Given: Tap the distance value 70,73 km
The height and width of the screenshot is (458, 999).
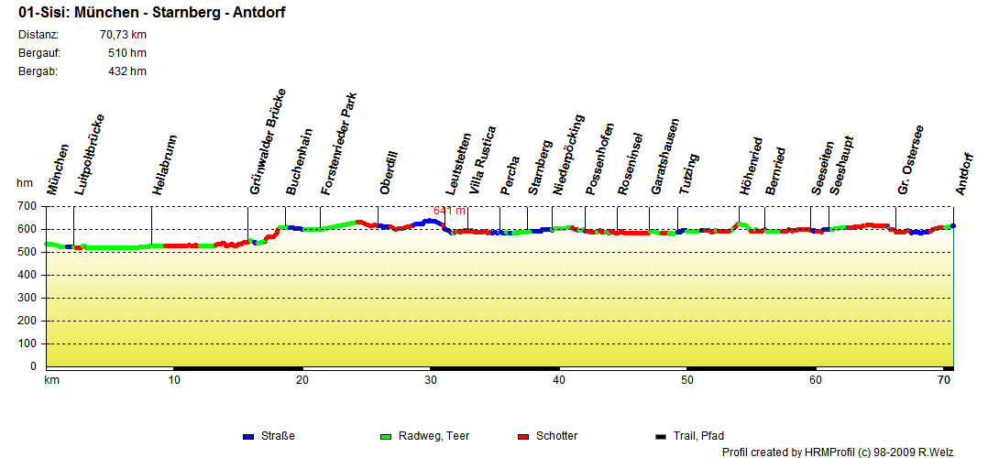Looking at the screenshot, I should [123, 35].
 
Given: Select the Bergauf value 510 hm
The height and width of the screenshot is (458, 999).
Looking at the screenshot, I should [126, 53].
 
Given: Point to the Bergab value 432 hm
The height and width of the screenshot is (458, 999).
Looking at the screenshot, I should [126, 71].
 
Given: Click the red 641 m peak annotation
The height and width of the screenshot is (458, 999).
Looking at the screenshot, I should [450, 211].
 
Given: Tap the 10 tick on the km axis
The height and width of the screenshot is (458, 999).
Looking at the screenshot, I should [173, 379].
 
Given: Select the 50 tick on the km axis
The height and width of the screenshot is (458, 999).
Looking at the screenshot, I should [686, 379].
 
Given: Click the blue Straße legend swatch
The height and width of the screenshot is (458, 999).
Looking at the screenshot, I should [248, 436].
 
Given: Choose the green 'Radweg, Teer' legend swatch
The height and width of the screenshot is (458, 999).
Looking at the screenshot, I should [386, 436].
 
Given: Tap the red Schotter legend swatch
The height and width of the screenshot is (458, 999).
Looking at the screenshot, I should [523, 436].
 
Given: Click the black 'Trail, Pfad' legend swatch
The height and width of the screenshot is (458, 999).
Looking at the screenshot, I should [661, 436].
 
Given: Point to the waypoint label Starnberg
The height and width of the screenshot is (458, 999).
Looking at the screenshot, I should [539, 168].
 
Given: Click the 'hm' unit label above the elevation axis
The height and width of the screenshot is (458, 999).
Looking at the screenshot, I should [25, 183].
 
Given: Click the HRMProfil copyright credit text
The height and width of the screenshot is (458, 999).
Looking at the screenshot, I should [851, 452].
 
